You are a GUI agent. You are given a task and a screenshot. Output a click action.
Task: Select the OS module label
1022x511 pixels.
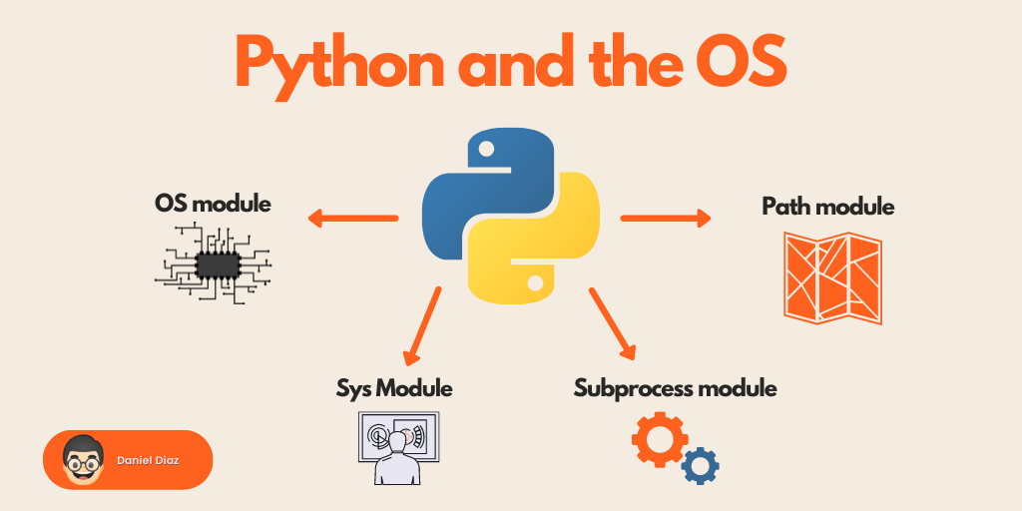(x=213, y=204)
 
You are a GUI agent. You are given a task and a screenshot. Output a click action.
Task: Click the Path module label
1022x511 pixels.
(x=828, y=207)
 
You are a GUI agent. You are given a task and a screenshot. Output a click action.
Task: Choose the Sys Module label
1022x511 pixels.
(x=394, y=387)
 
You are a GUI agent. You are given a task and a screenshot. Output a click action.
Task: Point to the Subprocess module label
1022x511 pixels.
(x=675, y=387)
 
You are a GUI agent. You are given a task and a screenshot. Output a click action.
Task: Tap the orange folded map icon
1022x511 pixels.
(x=832, y=277)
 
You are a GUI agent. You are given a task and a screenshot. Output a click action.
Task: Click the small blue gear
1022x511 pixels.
(x=701, y=465)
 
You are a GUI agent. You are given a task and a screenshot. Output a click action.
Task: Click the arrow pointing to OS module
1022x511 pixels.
(x=351, y=218)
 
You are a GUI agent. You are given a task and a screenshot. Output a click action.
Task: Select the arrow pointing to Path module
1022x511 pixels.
(x=666, y=218)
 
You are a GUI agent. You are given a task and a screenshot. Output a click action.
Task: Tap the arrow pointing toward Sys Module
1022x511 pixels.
(x=422, y=325)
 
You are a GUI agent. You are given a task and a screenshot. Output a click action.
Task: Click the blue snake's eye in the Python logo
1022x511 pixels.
(x=486, y=149)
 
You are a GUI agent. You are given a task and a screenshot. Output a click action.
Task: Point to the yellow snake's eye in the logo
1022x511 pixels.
(x=536, y=283)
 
